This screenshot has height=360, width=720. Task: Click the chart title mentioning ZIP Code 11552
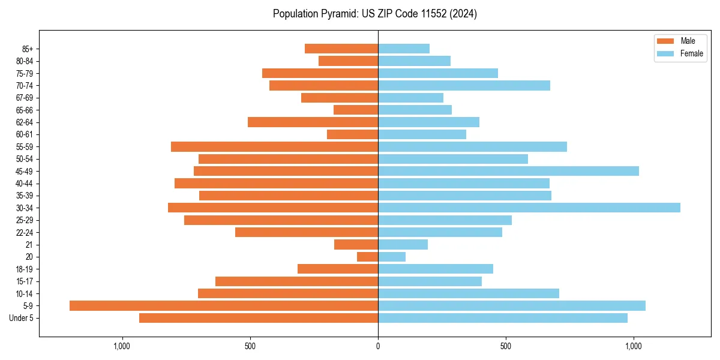click(374, 14)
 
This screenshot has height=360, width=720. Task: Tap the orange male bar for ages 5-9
click(224, 305)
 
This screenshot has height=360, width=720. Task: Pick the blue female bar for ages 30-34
click(529, 208)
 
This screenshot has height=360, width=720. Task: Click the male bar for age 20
click(367, 257)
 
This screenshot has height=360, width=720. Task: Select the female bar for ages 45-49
click(508, 171)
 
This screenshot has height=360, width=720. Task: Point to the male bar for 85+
click(341, 49)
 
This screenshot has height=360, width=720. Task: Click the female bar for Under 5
click(502, 318)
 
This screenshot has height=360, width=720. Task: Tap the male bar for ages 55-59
click(274, 146)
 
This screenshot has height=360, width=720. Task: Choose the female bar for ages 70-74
click(464, 85)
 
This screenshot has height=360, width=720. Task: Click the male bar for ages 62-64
click(313, 122)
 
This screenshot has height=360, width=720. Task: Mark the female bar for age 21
click(403, 244)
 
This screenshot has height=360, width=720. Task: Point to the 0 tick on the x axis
click(378, 346)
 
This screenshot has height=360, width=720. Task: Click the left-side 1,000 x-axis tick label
click(122, 346)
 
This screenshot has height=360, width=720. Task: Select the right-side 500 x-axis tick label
click(506, 346)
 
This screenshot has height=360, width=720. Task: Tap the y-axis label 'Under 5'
click(22, 318)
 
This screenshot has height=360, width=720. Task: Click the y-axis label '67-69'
click(25, 98)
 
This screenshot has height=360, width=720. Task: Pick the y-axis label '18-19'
click(25, 269)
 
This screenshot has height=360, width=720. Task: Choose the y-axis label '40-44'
click(25, 183)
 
